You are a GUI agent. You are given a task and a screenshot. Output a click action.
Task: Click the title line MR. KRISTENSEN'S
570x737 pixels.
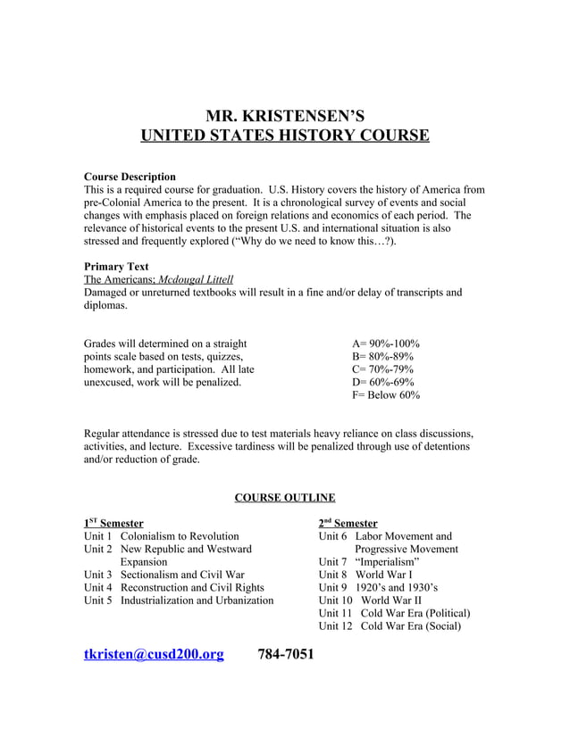[x=285, y=115]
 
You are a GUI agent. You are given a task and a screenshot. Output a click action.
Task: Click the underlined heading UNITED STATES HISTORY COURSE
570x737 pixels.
[x=285, y=137]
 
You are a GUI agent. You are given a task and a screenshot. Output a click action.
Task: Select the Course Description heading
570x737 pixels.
[x=130, y=177]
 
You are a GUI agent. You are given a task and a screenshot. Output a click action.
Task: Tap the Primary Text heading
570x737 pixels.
[x=116, y=266]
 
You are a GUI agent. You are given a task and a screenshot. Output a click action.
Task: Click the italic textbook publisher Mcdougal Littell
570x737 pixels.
[x=196, y=279]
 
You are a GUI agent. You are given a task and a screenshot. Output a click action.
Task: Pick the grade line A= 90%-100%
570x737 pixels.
[x=386, y=344]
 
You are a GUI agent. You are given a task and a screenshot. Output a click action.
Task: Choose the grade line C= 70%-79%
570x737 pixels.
[x=383, y=369]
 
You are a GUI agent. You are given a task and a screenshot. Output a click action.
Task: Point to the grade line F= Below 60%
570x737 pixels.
[x=386, y=394]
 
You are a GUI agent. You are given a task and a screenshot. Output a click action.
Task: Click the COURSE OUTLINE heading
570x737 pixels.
[x=284, y=497]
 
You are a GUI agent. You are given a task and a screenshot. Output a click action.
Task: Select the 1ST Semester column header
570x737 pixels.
[x=113, y=523]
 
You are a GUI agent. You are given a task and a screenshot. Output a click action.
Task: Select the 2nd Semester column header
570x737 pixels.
[x=348, y=523]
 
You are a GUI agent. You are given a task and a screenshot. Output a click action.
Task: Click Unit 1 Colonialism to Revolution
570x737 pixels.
[x=162, y=536]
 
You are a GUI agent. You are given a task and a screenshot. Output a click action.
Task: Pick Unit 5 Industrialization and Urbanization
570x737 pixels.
[x=179, y=600]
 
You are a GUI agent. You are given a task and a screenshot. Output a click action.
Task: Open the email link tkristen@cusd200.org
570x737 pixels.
[x=153, y=655]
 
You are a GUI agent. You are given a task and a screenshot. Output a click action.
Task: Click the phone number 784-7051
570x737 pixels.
[x=286, y=655]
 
